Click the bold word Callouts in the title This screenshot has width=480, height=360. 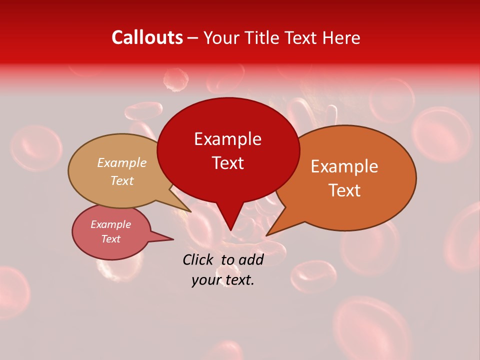[147, 37]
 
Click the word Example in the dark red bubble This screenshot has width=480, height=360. [227, 139]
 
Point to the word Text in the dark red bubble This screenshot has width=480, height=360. [227, 163]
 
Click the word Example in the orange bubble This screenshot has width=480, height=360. [344, 166]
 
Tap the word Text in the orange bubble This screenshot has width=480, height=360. [344, 190]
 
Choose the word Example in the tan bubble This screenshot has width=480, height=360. [122, 163]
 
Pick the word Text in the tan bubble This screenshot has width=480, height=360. [122, 180]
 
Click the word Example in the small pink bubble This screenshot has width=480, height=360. [110, 224]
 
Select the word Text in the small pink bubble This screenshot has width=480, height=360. [110, 239]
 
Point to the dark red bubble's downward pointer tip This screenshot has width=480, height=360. [230, 229]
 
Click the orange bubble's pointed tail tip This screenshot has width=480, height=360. [267, 234]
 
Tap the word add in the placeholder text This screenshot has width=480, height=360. [251, 259]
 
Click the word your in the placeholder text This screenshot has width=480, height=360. [205, 280]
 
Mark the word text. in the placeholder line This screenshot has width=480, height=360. [238, 280]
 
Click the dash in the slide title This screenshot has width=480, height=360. [193, 38]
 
